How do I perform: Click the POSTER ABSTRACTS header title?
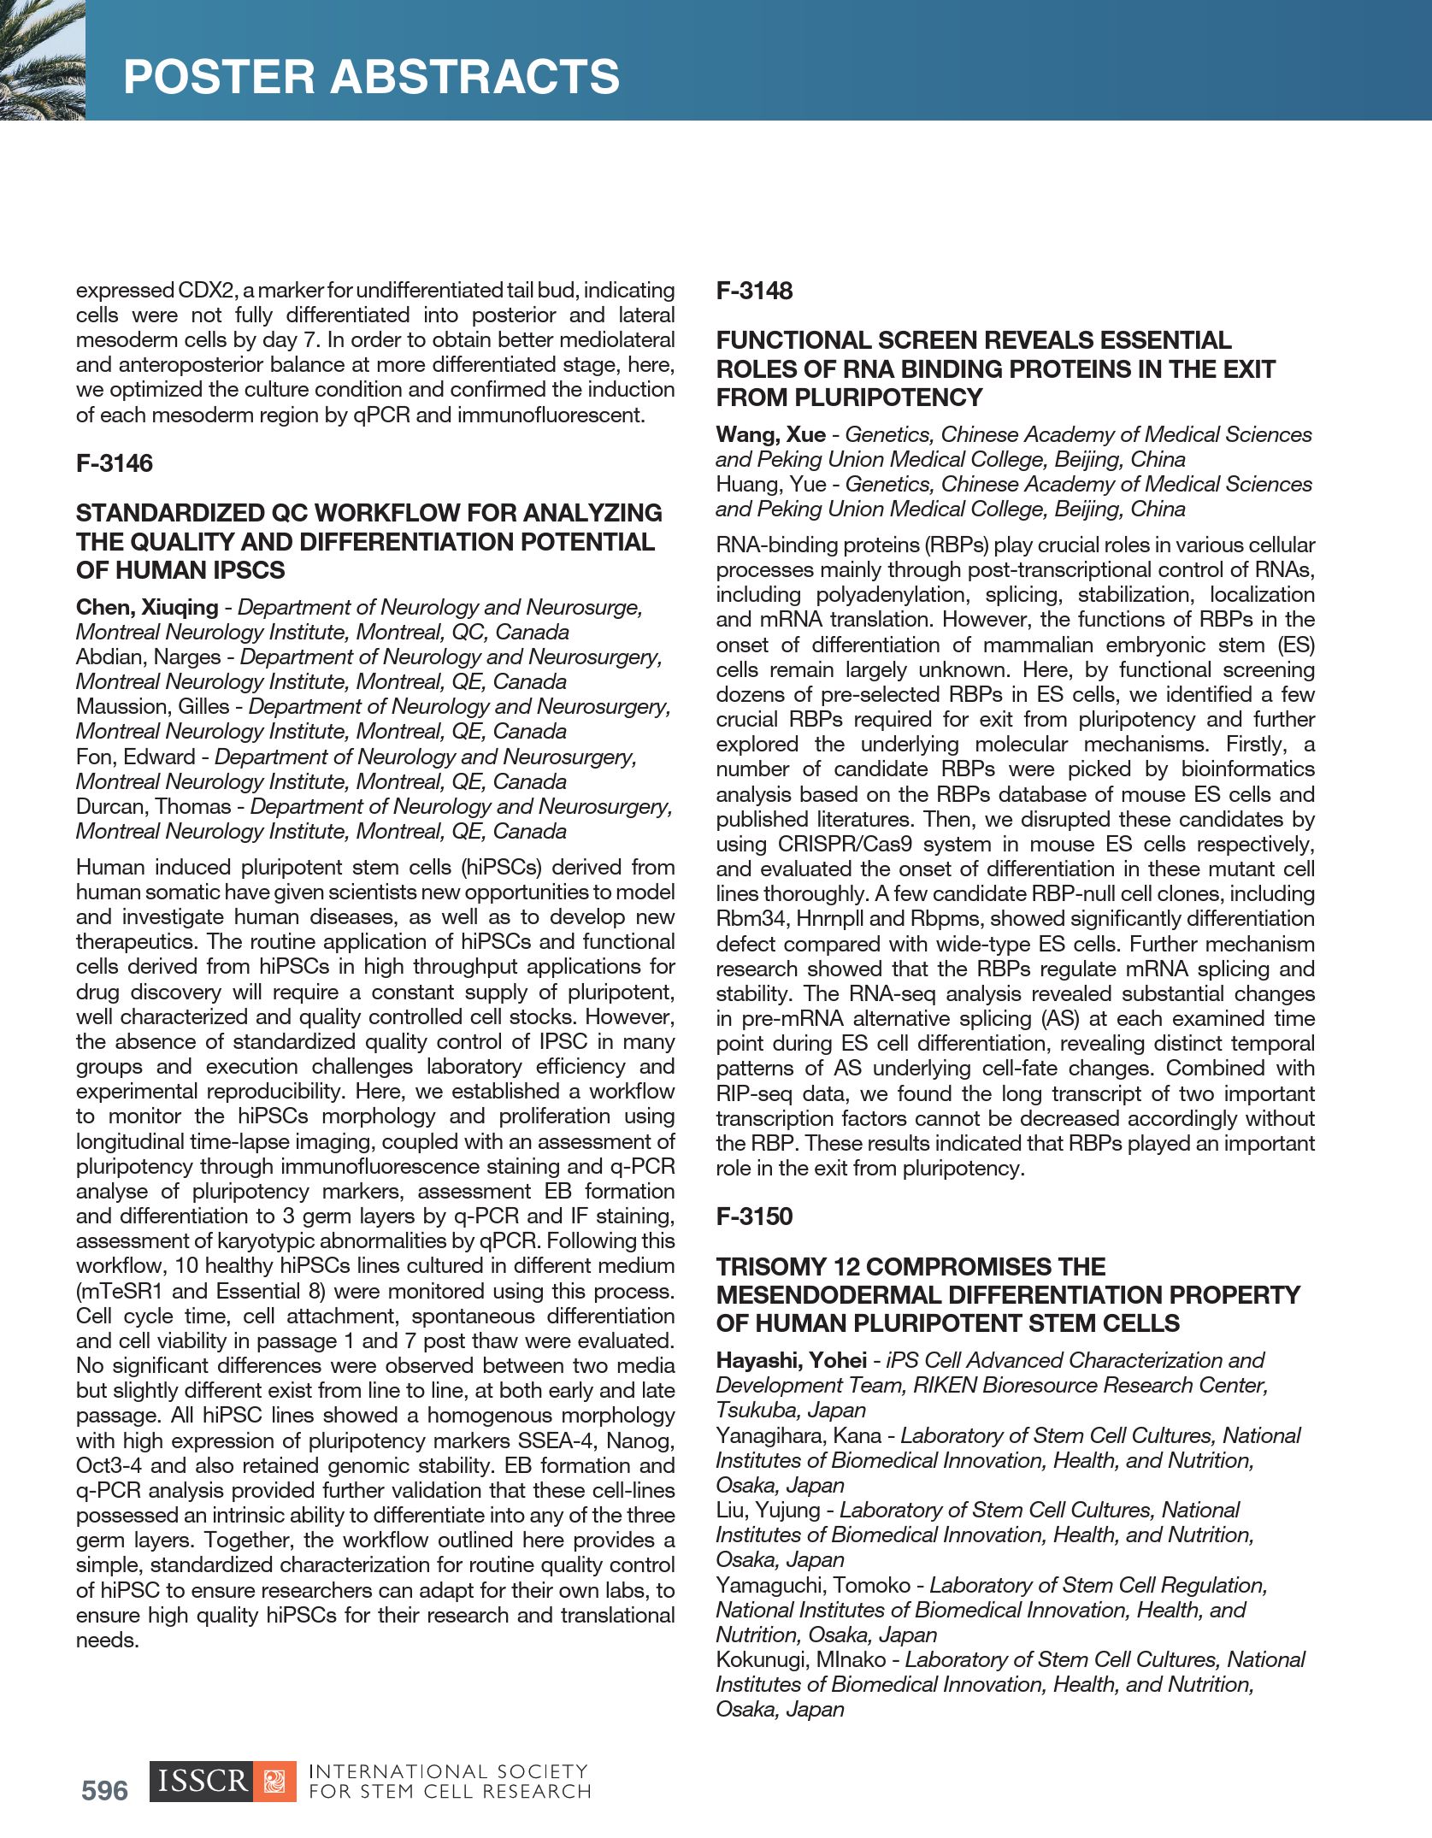pyautogui.click(x=371, y=76)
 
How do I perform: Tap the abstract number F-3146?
pyautogui.click(x=115, y=463)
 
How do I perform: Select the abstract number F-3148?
pyautogui.click(x=754, y=291)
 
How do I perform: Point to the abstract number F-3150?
pyautogui.click(x=754, y=1216)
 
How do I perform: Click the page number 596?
pyautogui.click(x=104, y=1790)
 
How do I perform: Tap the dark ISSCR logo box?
pyautogui.click(x=202, y=1782)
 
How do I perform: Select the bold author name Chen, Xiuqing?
pyautogui.click(x=147, y=607)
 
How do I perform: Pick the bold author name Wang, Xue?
pyautogui.click(x=770, y=434)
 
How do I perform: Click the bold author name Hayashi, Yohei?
pyautogui.click(x=792, y=1360)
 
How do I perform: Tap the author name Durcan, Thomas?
pyautogui.click(x=153, y=806)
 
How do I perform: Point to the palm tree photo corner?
pyautogui.click(x=42, y=59)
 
